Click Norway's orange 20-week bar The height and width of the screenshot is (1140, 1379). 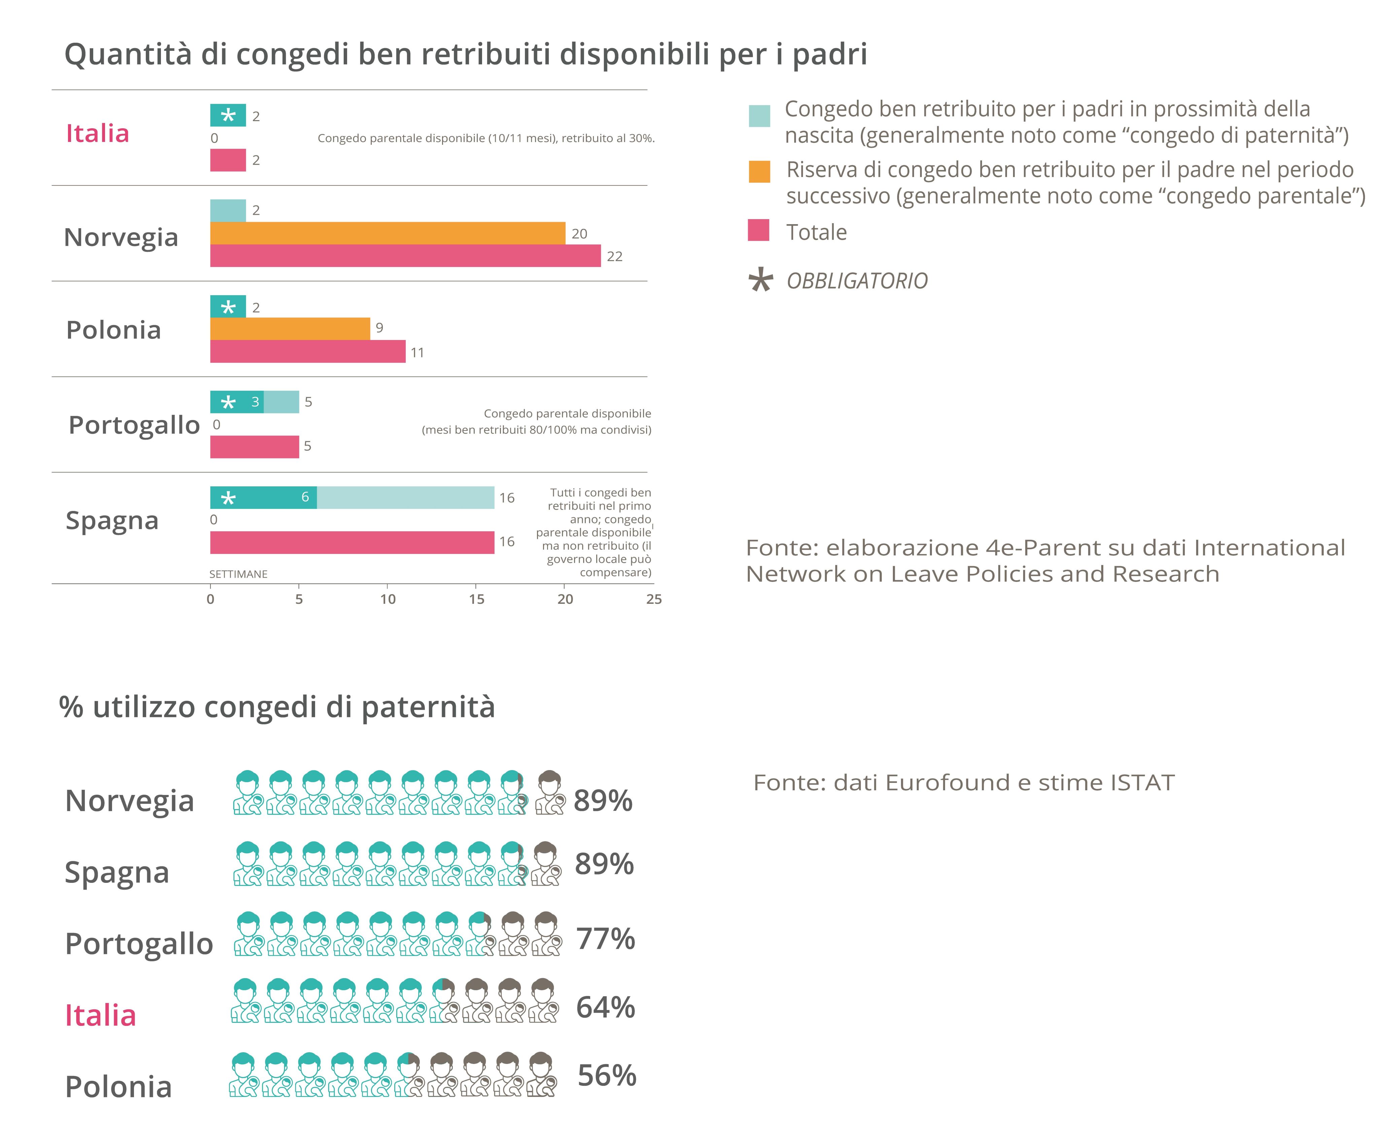tap(388, 233)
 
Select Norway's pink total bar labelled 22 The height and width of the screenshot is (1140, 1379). tap(405, 255)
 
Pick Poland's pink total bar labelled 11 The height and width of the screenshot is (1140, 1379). tap(307, 351)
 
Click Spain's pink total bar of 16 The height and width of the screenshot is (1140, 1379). tap(352, 543)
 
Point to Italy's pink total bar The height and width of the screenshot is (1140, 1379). tap(228, 160)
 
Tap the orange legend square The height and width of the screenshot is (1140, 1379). tap(759, 171)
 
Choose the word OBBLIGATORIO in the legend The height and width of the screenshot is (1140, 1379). tap(857, 281)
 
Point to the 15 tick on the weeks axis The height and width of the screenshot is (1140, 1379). tap(477, 599)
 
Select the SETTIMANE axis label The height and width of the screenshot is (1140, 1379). tap(238, 574)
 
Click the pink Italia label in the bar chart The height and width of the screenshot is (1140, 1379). tap(98, 133)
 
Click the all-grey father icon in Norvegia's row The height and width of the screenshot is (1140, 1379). tap(550, 793)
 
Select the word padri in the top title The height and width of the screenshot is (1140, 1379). tap(830, 54)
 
